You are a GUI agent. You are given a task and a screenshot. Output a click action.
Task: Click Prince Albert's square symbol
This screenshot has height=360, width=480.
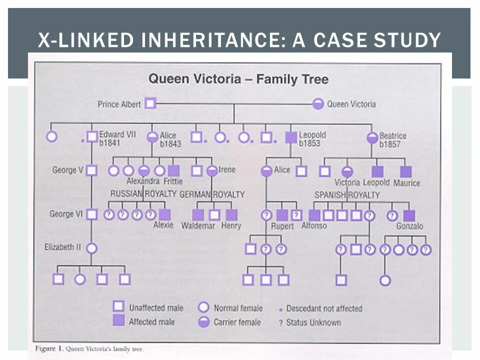[x=150, y=104]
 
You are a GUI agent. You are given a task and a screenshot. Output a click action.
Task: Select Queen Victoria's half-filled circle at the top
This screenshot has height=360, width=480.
[x=318, y=104]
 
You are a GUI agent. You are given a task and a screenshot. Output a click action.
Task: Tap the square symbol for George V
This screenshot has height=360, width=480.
[x=91, y=170]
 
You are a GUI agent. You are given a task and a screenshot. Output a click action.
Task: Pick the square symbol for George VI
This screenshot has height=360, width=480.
[x=91, y=214]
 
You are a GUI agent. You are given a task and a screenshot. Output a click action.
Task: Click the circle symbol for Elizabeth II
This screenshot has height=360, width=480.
[x=91, y=248]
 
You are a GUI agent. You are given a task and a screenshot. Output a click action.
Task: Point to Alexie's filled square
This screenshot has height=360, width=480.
[x=164, y=214]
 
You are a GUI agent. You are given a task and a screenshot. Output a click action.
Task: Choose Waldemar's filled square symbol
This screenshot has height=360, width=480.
[x=198, y=215]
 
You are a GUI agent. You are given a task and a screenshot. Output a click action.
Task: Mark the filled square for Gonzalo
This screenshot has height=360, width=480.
[x=409, y=215]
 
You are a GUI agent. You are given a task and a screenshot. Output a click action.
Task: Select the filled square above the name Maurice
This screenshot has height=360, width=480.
[x=405, y=171]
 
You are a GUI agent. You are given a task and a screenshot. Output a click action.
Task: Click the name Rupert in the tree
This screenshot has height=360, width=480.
[x=282, y=226]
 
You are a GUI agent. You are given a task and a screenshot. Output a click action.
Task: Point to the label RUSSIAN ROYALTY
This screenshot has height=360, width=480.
[x=143, y=193]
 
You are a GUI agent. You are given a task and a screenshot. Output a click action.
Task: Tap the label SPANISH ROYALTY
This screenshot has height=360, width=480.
[x=347, y=194]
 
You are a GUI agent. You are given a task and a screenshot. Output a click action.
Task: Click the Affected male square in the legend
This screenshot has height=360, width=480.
[x=118, y=321]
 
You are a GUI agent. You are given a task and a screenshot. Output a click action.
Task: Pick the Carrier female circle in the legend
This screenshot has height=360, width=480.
[x=203, y=321]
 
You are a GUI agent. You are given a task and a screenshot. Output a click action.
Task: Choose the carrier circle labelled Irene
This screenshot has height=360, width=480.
[x=212, y=170]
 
